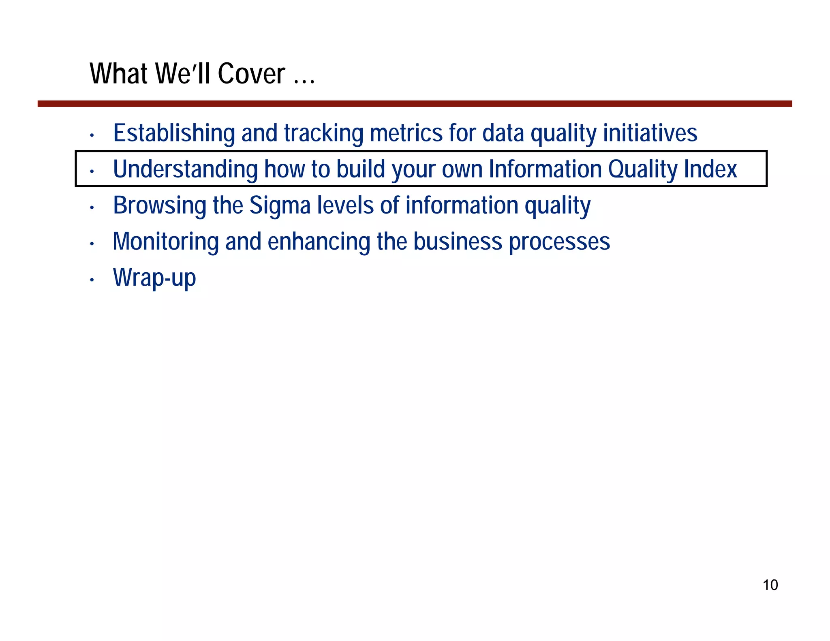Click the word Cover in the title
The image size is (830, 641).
[x=251, y=74]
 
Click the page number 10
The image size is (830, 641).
[x=770, y=585]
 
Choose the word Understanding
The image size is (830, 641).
[x=185, y=169]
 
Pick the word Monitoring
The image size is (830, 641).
[x=166, y=241]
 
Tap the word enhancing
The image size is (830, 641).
[x=319, y=241]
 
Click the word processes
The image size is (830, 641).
[x=559, y=241]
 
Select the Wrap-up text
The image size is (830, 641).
[x=154, y=278]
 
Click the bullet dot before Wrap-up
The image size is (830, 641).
[x=92, y=280]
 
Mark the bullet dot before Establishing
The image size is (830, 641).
[x=92, y=135]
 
